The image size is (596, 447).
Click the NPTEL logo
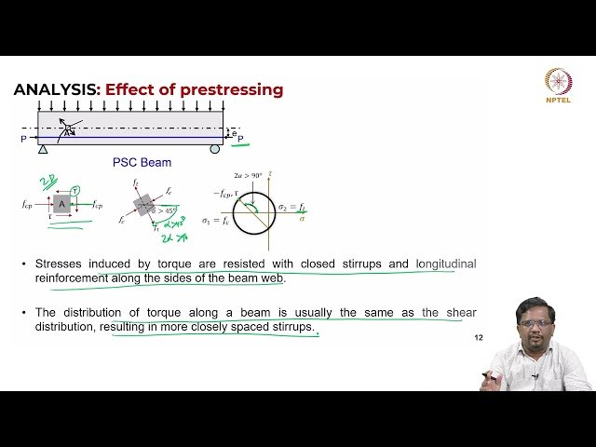point(559,83)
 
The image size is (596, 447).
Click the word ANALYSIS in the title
point(55,90)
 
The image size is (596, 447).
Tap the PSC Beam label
point(142,162)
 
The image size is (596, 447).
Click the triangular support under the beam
point(43,148)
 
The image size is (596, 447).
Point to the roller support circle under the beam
point(215,148)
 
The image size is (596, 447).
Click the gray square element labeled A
point(62,204)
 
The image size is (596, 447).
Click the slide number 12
point(479,336)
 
